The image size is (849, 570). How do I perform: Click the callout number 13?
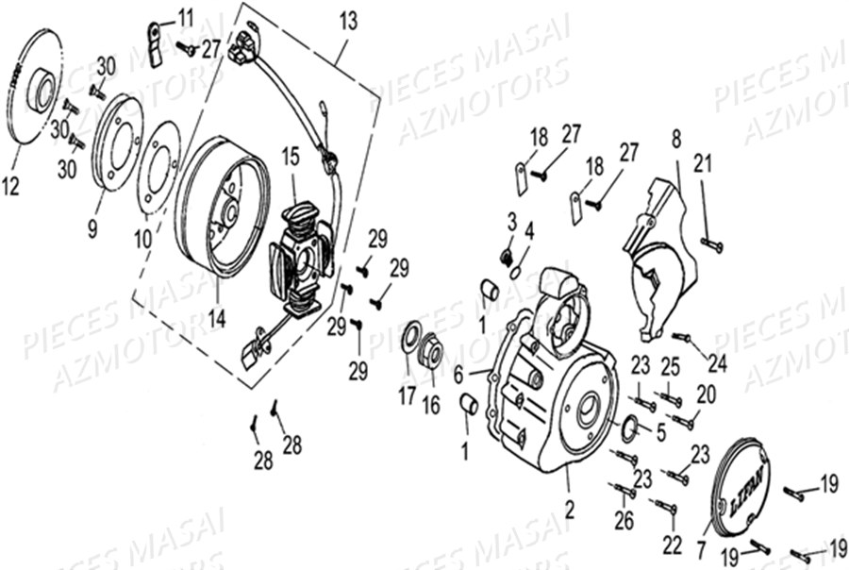point(349,20)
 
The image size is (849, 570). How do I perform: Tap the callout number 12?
point(10,187)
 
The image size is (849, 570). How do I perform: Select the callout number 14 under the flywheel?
point(217,318)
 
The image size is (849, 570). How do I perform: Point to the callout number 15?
point(289,153)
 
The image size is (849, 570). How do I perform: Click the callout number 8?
point(675,140)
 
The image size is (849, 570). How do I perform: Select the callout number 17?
point(407,396)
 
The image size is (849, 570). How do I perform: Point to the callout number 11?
point(184,16)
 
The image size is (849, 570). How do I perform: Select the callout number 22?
point(671,545)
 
